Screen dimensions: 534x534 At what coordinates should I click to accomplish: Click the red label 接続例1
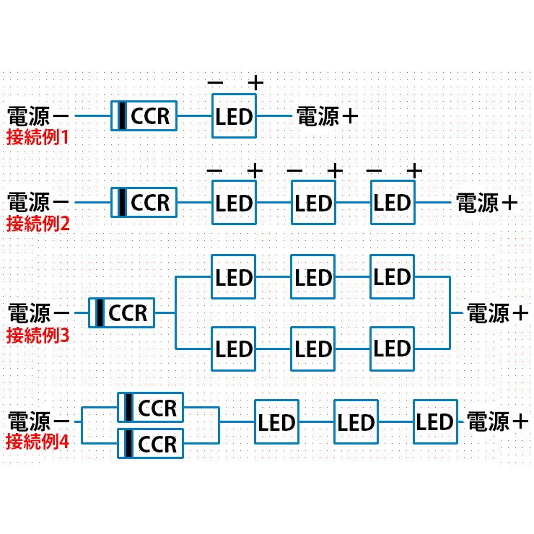click(x=38, y=136)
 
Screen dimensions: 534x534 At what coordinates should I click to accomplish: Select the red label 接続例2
click(x=38, y=222)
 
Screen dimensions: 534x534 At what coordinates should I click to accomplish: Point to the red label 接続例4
click(x=38, y=441)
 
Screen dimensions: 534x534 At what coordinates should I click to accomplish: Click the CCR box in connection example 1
click(x=144, y=115)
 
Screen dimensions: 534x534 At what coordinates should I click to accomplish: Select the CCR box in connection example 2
click(x=144, y=202)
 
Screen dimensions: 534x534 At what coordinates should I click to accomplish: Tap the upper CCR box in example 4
click(x=150, y=408)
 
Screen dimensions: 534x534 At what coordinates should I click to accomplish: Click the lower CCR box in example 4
click(x=150, y=443)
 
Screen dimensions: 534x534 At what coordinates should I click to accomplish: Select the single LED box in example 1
click(x=234, y=115)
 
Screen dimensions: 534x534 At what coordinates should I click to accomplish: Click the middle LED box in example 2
click(x=313, y=203)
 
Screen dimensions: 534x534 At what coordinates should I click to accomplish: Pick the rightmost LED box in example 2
click(x=393, y=203)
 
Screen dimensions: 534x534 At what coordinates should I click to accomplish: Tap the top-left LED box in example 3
click(x=234, y=277)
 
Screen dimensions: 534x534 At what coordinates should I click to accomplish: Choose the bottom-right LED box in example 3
click(x=393, y=349)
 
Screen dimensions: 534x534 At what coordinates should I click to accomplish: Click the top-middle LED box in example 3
click(x=313, y=277)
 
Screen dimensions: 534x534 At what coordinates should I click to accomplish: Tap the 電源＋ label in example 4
click(x=498, y=421)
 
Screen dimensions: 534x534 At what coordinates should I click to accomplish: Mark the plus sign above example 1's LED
click(x=255, y=83)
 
